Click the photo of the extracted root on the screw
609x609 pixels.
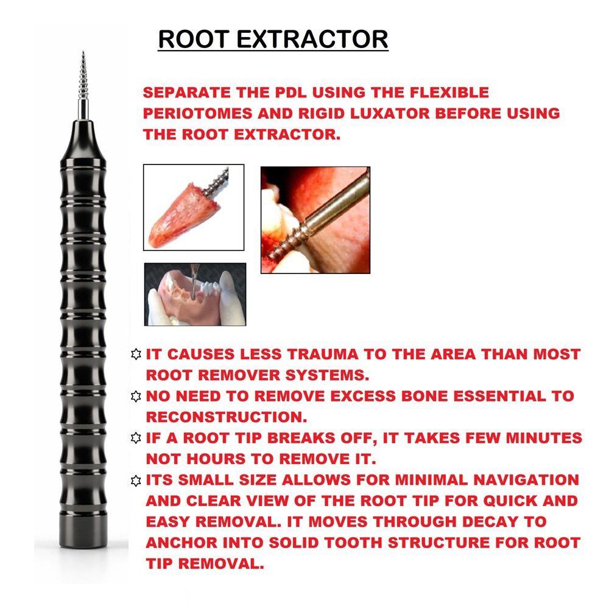pyautogui.click(x=193, y=207)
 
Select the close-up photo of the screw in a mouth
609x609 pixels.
pyautogui.click(x=315, y=219)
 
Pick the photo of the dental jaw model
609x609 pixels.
pyautogui.click(x=195, y=294)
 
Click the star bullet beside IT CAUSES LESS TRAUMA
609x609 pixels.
pyautogui.click(x=136, y=354)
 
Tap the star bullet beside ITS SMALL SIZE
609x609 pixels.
pyautogui.click(x=136, y=481)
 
